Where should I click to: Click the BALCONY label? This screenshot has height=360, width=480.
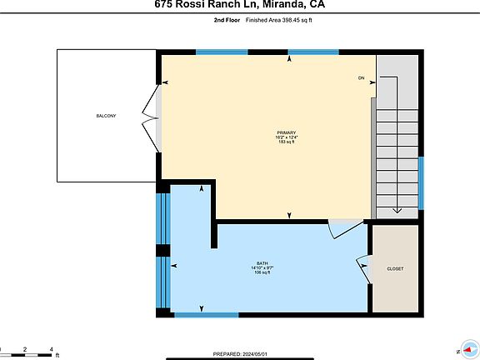[x=105, y=115]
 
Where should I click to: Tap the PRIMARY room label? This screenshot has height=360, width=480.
[x=287, y=133]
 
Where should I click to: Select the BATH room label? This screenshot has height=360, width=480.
[x=262, y=262]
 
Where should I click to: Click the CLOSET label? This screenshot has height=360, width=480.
[x=395, y=268]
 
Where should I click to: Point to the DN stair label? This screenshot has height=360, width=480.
[x=361, y=78]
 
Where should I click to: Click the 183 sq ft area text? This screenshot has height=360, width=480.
[x=287, y=143]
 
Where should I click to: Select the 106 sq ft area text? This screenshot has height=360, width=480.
[x=262, y=272]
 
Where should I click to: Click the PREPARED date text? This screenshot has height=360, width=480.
[x=242, y=353]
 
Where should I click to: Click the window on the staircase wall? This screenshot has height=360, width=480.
[x=422, y=182]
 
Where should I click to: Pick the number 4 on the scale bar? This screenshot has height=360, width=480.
[x=52, y=349]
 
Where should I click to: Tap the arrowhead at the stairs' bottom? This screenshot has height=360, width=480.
[x=397, y=211]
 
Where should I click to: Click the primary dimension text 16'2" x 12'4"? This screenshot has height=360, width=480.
[x=287, y=138]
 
